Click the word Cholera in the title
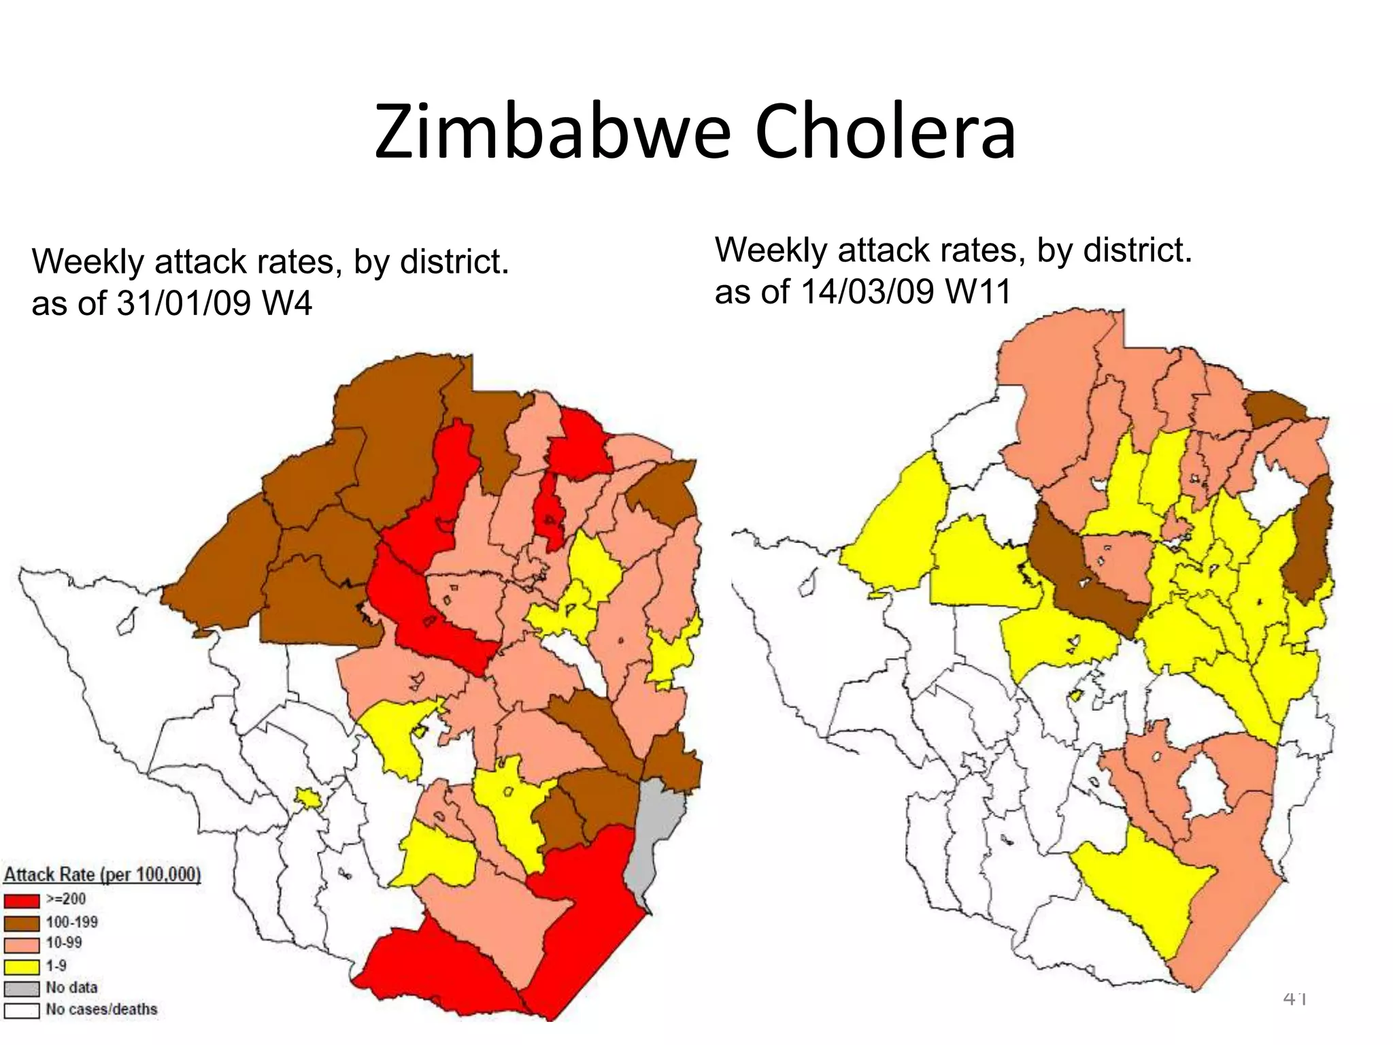(x=884, y=133)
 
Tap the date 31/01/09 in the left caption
(x=184, y=303)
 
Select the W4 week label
(x=286, y=303)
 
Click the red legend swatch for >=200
(x=22, y=901)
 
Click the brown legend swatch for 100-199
(x=22, y=923)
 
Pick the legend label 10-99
(x=64, y=943)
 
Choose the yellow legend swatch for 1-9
(x=22, y=966)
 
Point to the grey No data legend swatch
(x=22, y=988)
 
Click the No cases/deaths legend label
(x=101, y=1009)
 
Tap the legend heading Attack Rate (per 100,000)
(x=103, y=874)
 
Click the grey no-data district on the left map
(x=656, y=837)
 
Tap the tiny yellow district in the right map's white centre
(x=1075, y=696)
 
